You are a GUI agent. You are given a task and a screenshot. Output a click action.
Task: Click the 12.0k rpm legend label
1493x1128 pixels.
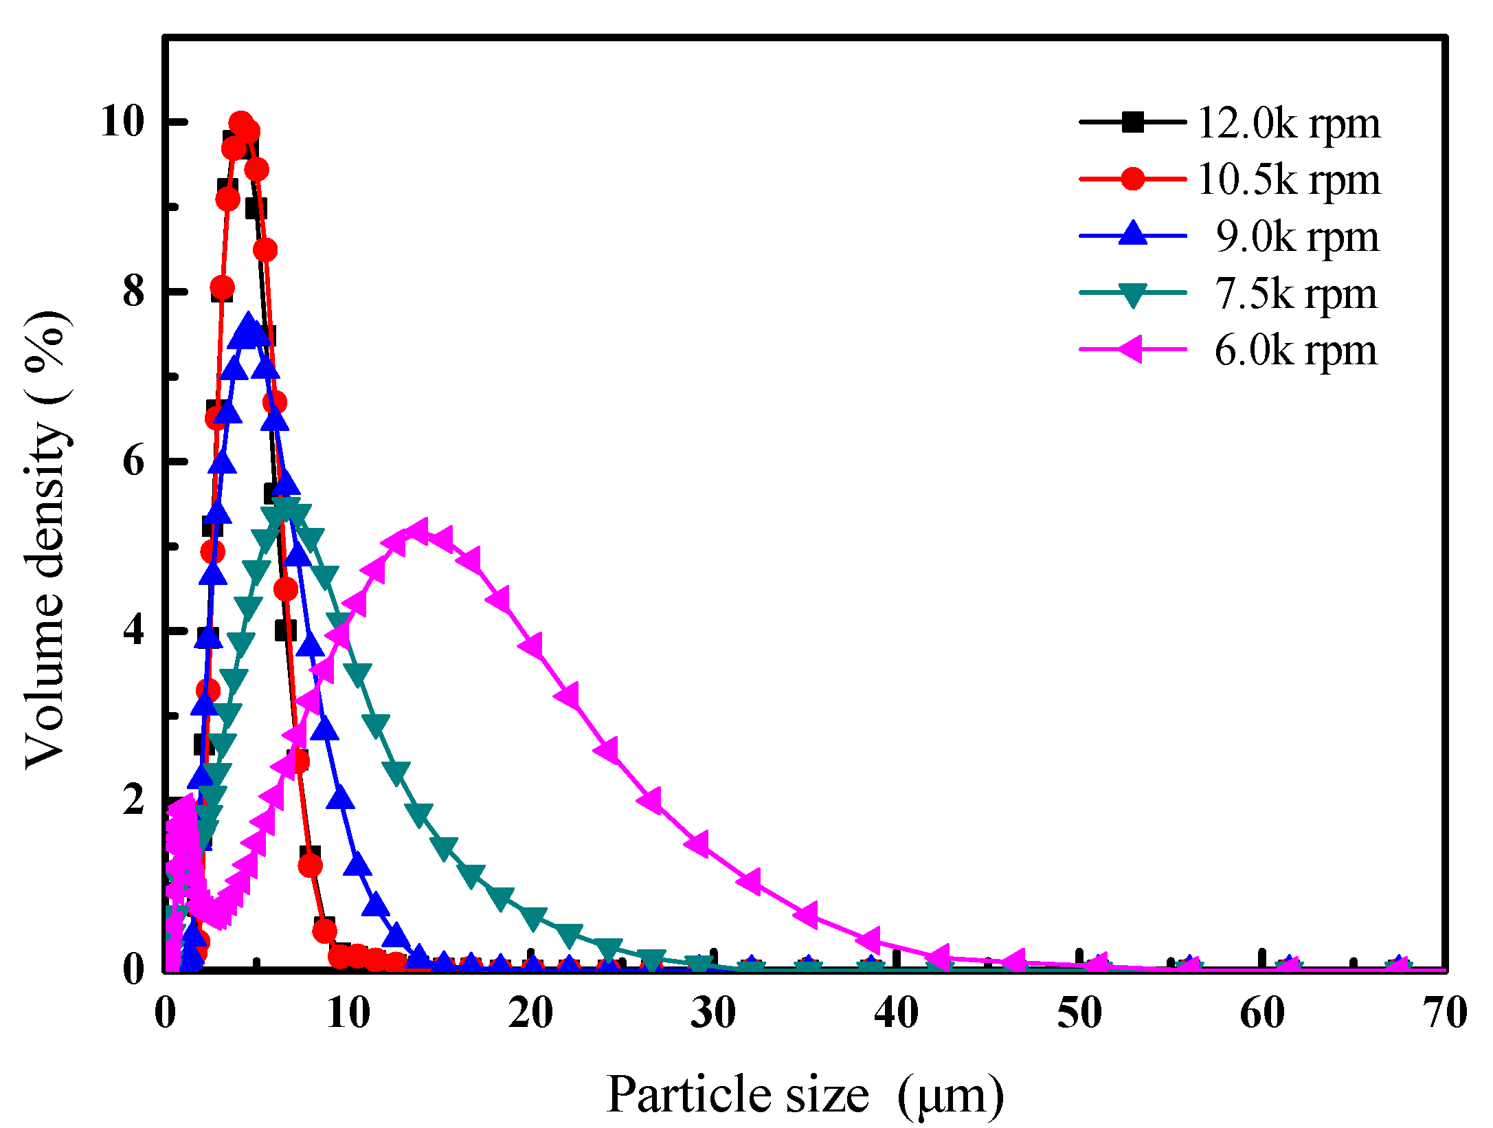1288,123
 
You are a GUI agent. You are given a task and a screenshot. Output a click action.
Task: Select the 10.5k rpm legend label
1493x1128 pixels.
1288,179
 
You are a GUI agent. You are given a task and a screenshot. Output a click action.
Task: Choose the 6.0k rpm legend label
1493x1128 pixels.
1296,351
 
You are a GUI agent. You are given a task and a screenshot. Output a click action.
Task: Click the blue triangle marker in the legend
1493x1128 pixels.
1133,234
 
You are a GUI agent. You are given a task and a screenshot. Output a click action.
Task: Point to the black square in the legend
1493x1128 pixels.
1133,122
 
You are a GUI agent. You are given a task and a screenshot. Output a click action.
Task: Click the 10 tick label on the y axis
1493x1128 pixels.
122,122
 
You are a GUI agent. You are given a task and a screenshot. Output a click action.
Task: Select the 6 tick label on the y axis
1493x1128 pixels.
134,461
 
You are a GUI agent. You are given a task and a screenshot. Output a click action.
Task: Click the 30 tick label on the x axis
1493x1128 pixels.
713,1013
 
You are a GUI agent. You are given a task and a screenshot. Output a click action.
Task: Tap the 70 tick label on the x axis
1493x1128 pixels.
1445,1013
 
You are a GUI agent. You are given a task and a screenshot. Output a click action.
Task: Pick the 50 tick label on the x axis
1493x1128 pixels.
1079,1013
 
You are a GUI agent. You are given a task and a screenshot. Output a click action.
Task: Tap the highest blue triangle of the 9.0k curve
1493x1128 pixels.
248,324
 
